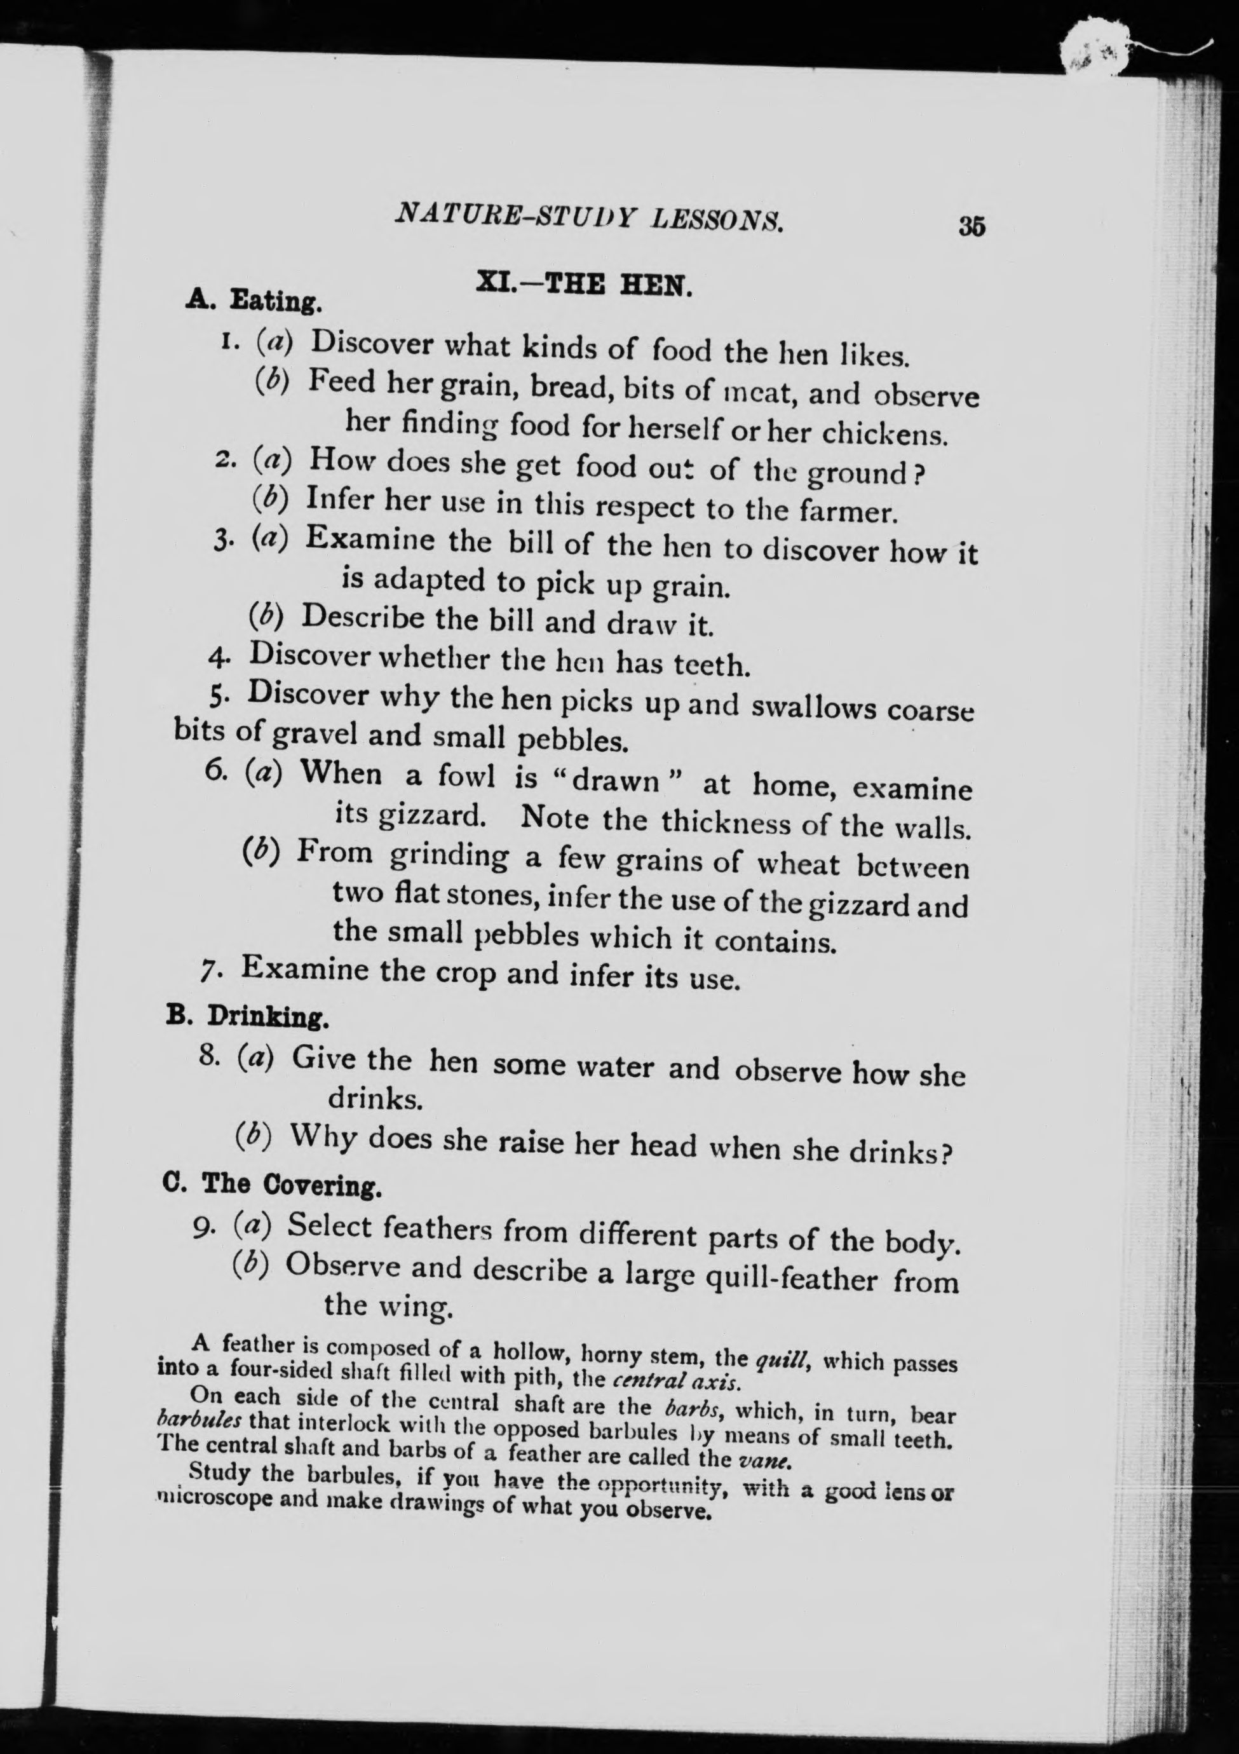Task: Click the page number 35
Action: click(x=972, y=227)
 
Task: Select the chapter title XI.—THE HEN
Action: click(x=585, y=284)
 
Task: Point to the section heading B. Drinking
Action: click(x=248, y=1017)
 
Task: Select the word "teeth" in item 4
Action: click(x=710, y=665)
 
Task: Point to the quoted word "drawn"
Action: click(x=616, y=782)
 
